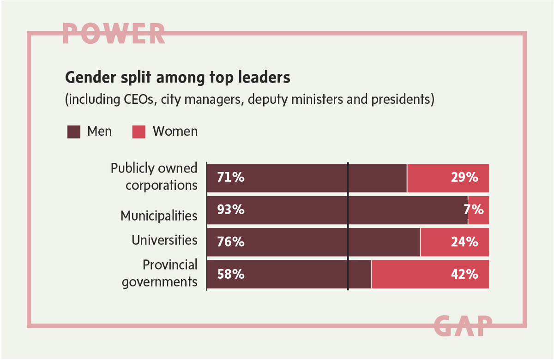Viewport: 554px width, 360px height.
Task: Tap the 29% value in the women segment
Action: coord(465,177)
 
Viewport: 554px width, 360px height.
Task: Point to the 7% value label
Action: coord(475,210)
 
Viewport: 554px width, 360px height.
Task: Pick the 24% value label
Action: coord(465,242)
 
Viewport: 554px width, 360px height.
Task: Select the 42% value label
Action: coord(465,274)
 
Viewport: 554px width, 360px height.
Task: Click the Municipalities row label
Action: coord(159,216)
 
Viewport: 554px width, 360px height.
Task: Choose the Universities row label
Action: coord(164,240)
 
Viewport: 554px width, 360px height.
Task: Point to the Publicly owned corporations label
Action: coord(154,177)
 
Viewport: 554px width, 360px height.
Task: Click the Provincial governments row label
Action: coord(160,273)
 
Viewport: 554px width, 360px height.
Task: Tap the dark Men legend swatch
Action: coord(74,132)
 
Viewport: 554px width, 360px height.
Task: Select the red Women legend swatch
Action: coord(139,132)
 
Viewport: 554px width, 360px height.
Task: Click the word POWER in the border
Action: coord(114,33)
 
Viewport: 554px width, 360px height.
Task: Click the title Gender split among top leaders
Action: coord(178,77)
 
